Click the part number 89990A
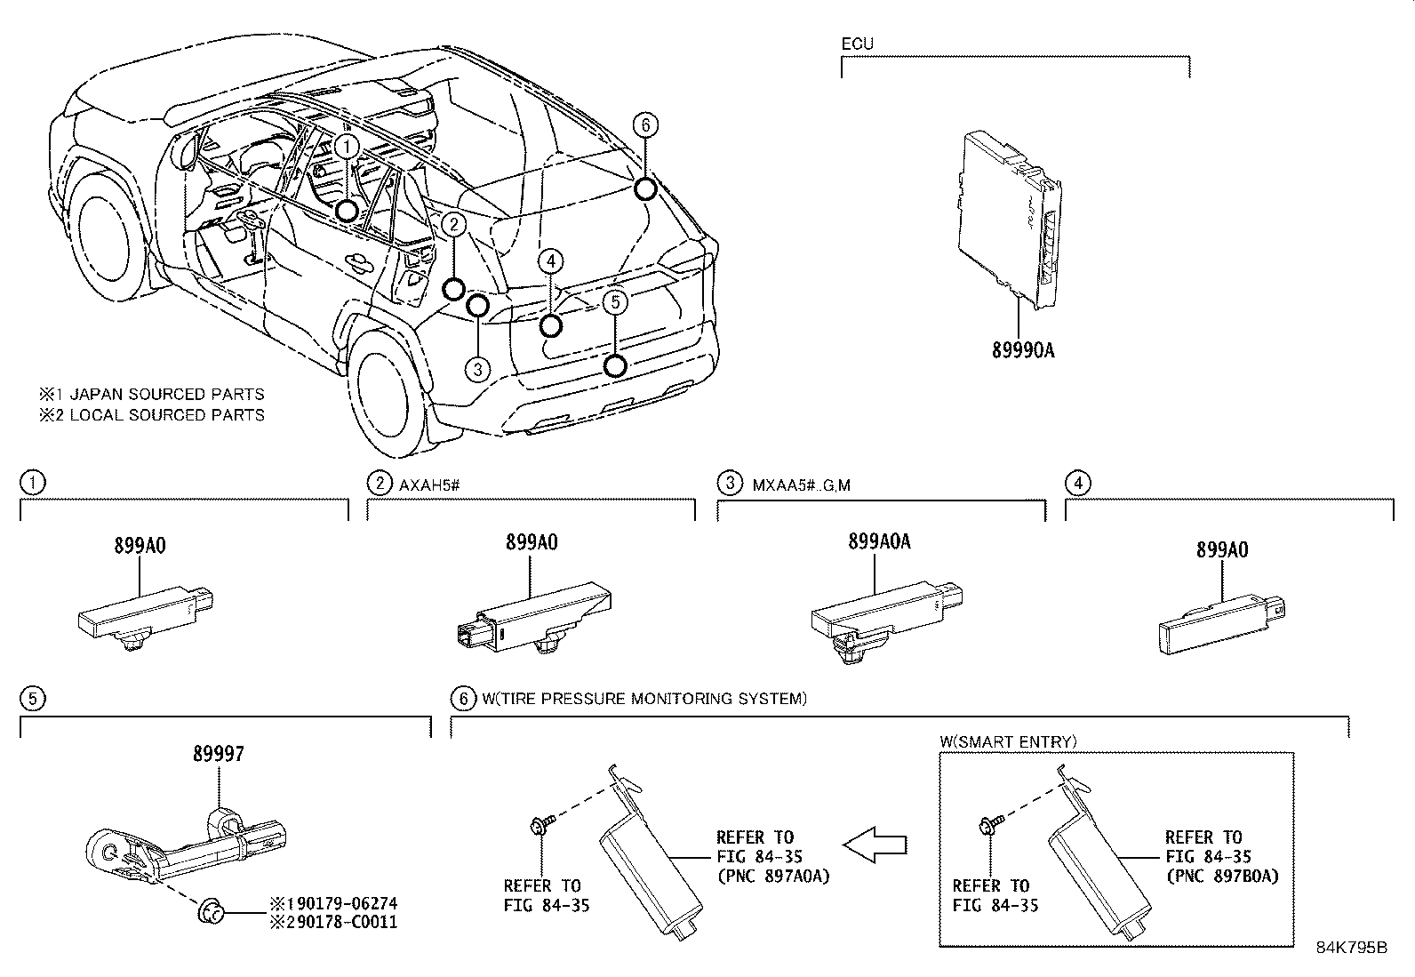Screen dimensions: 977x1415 click(x=1023, y=350)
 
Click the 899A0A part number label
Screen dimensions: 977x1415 click(x=879, y=541)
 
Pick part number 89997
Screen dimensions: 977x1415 click(x=218, y=754)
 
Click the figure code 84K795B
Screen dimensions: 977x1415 click(x=1352, y=947)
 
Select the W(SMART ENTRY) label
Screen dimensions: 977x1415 click(x=1008, y=741)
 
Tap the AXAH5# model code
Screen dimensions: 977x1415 click(x=428, y=484)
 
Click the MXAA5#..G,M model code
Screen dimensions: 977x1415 click(x=802, y=484)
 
